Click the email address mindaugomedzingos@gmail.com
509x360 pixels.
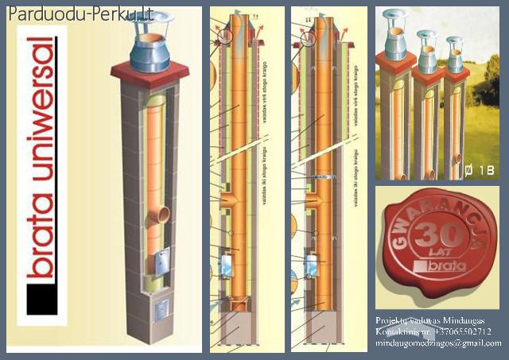pyautogui.click(x=438, y=343)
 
